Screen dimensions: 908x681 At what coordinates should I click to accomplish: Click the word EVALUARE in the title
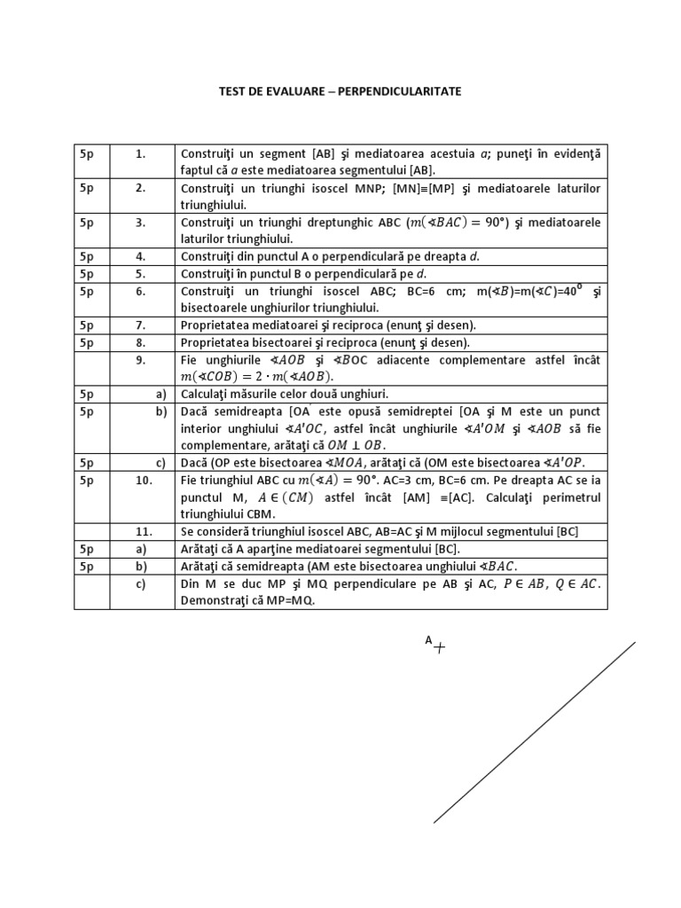293,91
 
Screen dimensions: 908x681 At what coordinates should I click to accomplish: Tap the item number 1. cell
140,153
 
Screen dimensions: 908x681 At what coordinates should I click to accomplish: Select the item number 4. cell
140,256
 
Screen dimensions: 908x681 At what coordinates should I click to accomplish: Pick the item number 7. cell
140,325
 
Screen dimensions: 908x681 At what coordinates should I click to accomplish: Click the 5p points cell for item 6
87,291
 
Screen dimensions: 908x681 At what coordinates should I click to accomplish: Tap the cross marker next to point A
439,647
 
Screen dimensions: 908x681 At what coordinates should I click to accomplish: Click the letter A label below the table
428,639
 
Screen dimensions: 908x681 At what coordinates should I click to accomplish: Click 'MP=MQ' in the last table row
289,599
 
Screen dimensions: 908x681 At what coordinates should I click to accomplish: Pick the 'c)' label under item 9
161,463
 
